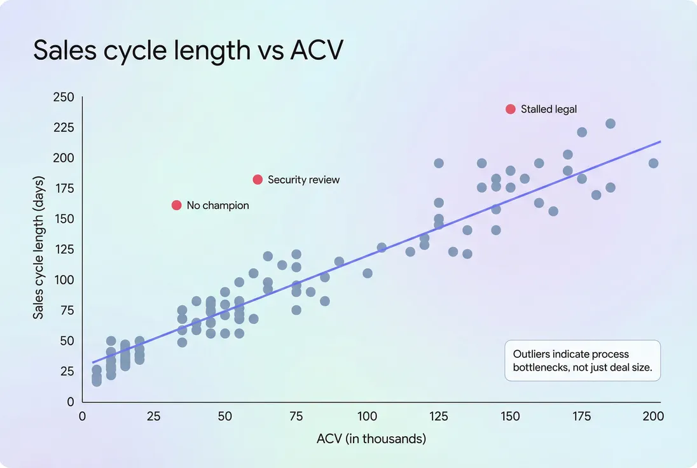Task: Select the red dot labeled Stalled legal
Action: coord(510,109)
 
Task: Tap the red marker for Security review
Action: coord(258,180)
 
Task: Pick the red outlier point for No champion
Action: coord(177,205)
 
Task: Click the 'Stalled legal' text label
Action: coord(549,109)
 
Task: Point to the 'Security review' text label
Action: coord(303,180)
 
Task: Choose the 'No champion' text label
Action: coord(217,206)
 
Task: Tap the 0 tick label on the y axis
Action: coord(71,402)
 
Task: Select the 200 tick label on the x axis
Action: coord(653,416)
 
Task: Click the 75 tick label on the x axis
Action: coord(296,416)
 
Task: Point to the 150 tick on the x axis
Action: coord(510,416)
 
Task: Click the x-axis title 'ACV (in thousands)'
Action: coord(371,439)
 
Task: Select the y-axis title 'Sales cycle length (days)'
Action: coord(38,250)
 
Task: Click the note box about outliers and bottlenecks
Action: coord(583,360)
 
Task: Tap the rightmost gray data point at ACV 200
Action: coord(653,163)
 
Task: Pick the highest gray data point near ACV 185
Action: coord(610,124)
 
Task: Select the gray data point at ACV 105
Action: coord(382,248)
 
